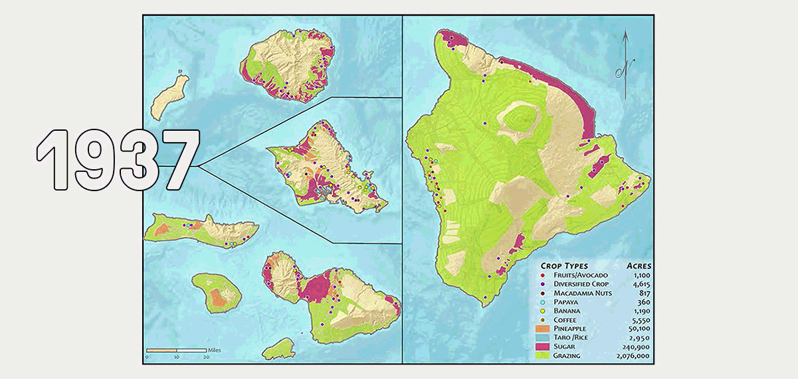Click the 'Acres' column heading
click(x=637, y=265)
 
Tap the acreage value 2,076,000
click(x=632, y=356)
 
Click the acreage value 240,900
click(x=636, y=346)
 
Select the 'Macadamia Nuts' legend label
click(x=582, y=293)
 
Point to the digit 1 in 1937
click(x=50, y=159)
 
